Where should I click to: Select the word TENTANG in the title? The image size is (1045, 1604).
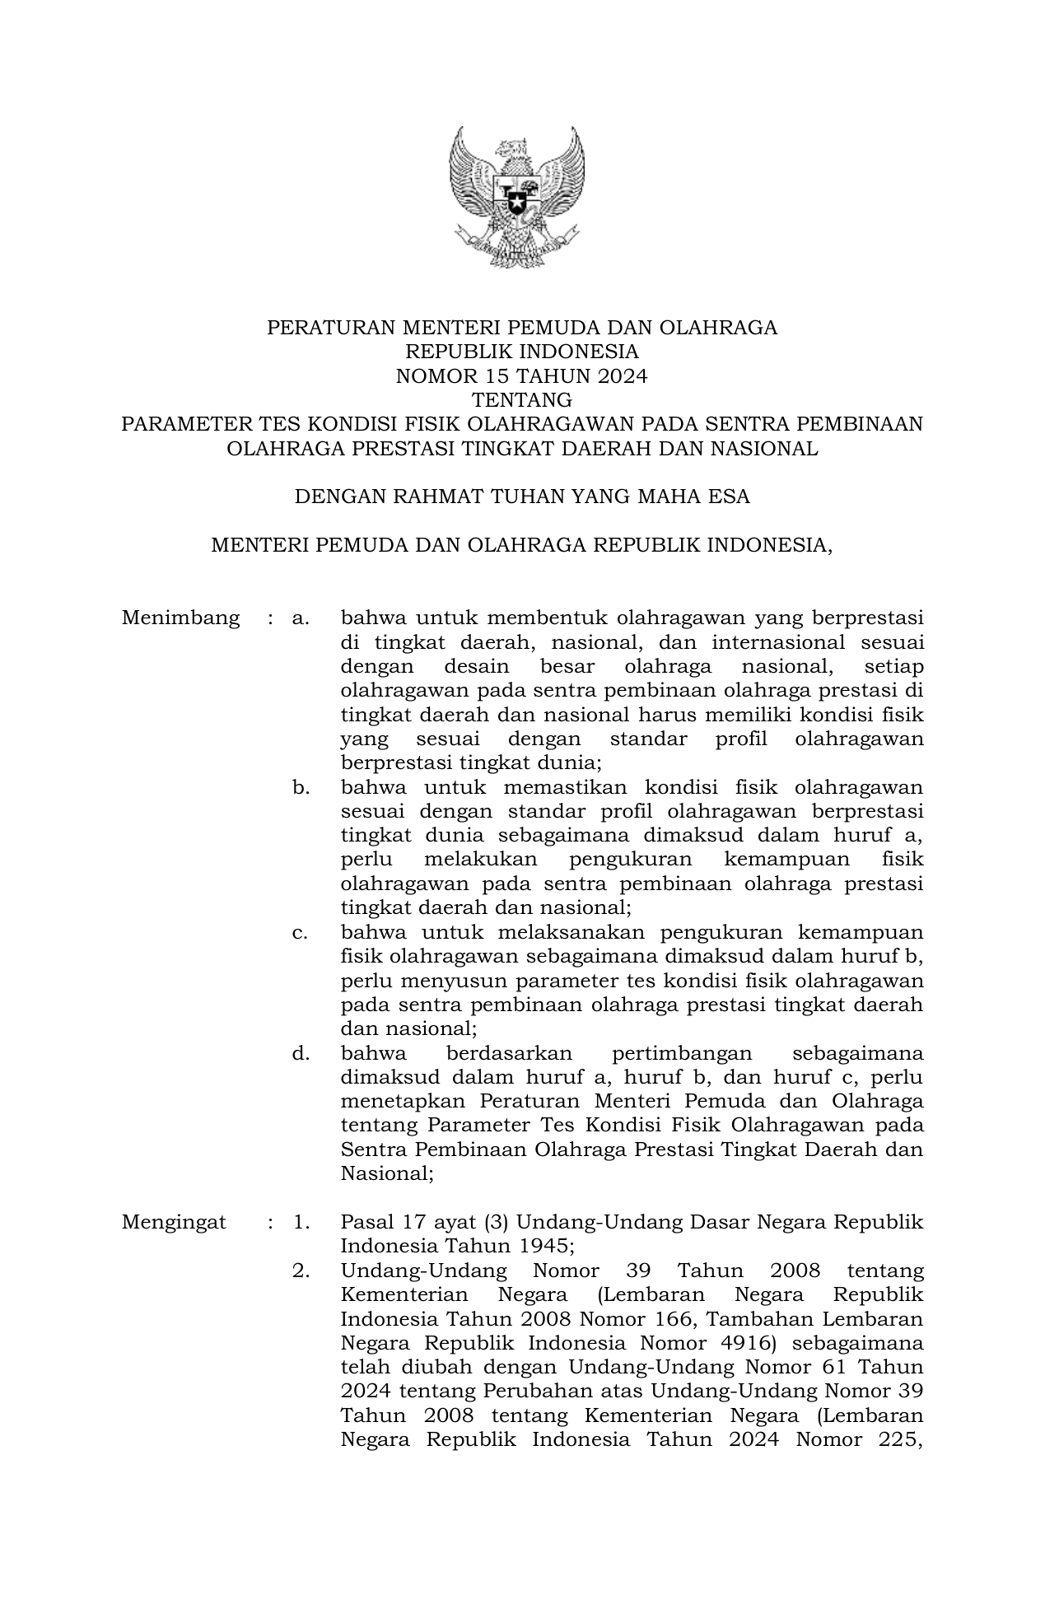pyautogui.click(x=521, y=400)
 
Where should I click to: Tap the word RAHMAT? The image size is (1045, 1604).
pyautogui.click(x=430, y=497)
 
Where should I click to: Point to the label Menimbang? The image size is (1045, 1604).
pyautogui.click(x=180, y=618)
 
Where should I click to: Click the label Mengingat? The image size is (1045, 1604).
pyautogui.click(x=174, y=1222)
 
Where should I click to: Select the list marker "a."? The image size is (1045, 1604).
pyautogui.click(x=301, y=618)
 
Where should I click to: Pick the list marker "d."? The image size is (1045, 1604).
pyautogui.click(x=301, y=1053)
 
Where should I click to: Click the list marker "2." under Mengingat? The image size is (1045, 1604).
pyautogui.click(x=301, y=1271)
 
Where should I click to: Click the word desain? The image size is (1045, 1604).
pyautogui.click(x=477, y=666)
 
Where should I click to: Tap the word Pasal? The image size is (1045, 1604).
pyautogui.click(x=367, y=1222)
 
